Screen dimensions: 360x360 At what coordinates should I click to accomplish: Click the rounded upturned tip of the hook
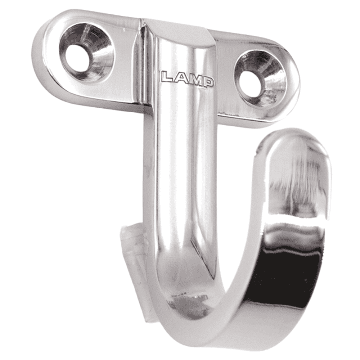pyautogui.click(x=295, y=144)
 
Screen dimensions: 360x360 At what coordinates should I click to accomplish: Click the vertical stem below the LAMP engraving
pyautogui.click(x=180, y=162)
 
